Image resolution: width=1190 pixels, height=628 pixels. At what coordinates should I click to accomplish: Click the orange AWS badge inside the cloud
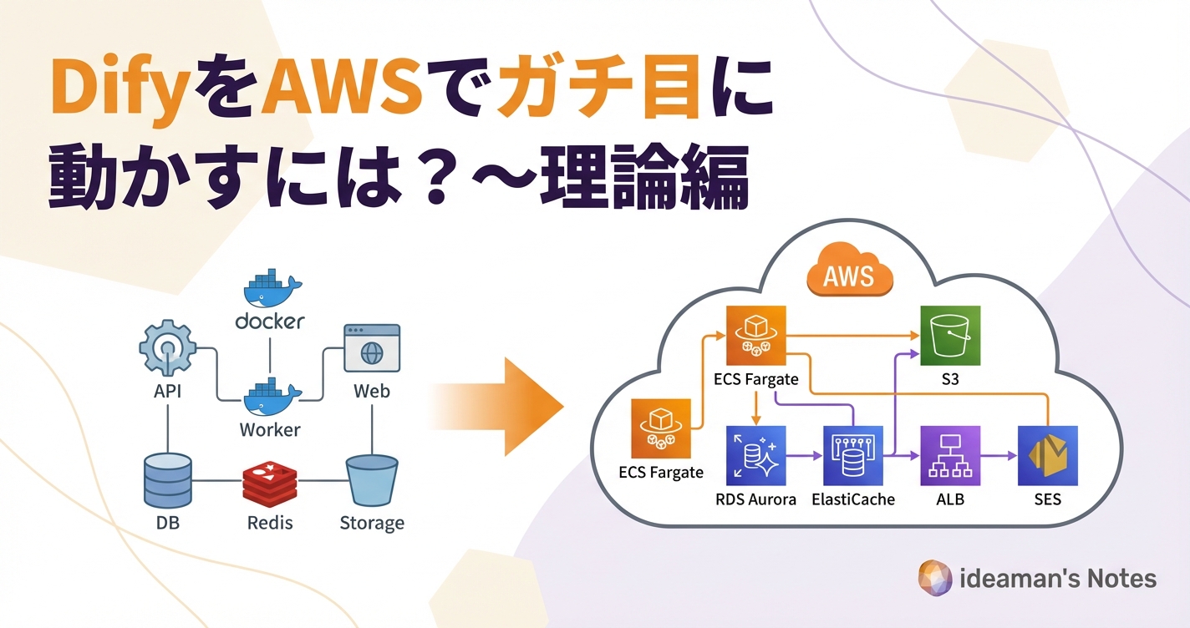(849, 274)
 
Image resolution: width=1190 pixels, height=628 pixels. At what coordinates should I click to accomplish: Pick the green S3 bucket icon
(950, 336)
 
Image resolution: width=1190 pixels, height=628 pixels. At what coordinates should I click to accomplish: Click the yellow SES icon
(1047, 456)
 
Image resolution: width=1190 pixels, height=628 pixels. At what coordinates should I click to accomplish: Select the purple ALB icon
(950, 456)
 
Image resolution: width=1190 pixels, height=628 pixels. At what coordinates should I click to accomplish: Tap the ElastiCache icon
(852, 456)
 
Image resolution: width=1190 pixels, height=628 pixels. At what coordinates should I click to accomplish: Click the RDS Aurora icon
(755, 456)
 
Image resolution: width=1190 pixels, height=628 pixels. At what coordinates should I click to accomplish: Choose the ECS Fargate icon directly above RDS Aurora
(755, 336)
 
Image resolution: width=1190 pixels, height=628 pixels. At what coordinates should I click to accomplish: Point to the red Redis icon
(270, 482)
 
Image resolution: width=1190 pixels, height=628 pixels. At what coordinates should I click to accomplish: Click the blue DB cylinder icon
(168, 480)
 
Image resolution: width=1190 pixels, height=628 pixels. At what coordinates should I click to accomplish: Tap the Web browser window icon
(372, 348)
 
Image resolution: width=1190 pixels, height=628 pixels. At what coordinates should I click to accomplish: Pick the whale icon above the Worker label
(270, 395)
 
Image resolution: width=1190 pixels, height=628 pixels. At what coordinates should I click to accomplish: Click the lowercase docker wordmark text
(270, 322)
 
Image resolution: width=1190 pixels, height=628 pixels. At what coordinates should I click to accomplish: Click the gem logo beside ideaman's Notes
(935, 578)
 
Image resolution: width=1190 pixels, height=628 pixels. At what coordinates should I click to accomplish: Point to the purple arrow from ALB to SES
(998, 456)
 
